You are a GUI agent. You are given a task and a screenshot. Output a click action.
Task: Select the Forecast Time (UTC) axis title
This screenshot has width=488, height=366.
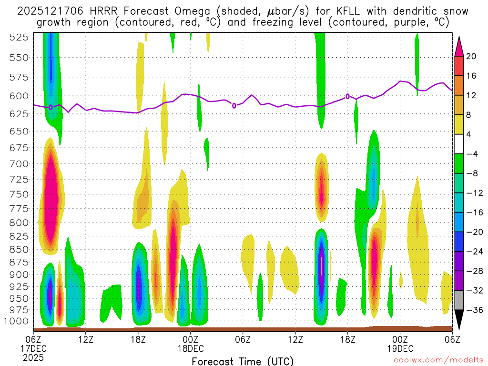[243, 361]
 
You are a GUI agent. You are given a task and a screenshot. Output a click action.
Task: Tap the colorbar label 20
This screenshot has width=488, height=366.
[471, 56]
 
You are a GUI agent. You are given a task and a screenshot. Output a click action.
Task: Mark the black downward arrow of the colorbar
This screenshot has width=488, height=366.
[459, 319]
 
